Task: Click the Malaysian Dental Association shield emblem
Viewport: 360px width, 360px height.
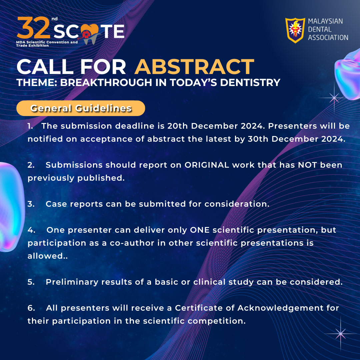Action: [x=295, y=30]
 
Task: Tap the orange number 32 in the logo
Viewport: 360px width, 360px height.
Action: [x=34, y=28]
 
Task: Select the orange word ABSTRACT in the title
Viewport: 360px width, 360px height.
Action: [x=194, y=67]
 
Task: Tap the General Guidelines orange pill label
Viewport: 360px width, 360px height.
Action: [x=81, y=108]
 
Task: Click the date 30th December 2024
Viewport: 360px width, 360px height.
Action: [x=297, y=139]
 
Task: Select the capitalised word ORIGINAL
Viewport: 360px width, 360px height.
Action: [x=207, y=165]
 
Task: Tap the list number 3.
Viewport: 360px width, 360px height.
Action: [x=31, y=204]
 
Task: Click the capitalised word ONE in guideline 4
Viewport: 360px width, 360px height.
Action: [x=200, y=230]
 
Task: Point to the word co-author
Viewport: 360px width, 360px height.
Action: [x=132, y=243]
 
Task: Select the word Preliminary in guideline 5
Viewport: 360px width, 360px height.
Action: [x=72, y=282]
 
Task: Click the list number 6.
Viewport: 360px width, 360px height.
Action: [x=31, y=308]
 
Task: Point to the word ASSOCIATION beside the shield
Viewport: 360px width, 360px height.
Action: [x=328, y=37]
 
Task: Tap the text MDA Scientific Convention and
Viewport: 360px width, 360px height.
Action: [x=47, y=42]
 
